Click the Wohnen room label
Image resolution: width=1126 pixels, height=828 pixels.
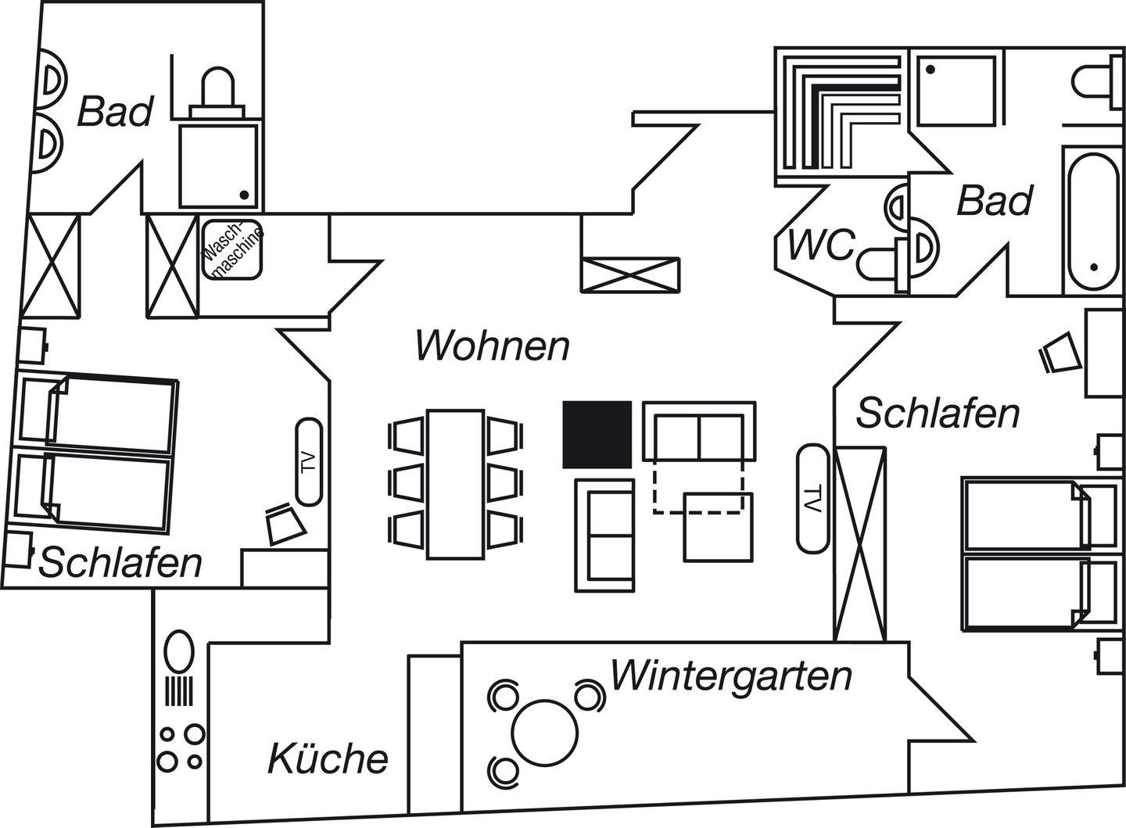click(x=493, y=346)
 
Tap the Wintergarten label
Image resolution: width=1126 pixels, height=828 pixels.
click(x=730, y=676)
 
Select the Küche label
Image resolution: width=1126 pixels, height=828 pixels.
click(x=328, y=758)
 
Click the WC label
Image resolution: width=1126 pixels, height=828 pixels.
click(x=820, y=246)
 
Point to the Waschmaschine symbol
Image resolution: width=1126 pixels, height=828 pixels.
click(x=232, y=249)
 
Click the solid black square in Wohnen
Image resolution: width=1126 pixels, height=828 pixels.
click(x=597, y=435)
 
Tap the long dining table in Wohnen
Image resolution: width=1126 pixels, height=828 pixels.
click(x=455, y=484)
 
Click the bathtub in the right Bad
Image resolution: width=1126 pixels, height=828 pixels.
click(x=1091, y=223)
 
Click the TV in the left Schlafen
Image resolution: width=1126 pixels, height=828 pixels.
click(x=309, y=462)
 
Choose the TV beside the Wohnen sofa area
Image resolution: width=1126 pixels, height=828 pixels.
click(x=812, y=497)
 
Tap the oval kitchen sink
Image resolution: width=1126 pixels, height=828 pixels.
click(x=179, y=651)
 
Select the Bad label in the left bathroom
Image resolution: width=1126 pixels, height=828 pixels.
click(x=116, y=112)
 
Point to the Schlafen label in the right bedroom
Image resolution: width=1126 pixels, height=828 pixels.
click(x=938, y=413)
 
